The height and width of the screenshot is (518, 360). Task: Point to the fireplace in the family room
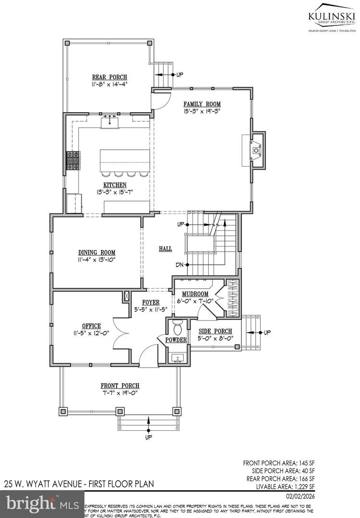(x=255, y=150)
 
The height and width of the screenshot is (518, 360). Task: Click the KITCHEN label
(x=114, y=185)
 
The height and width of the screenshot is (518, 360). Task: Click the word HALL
(x=166, y=248)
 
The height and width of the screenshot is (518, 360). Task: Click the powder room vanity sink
(x=177, y=357)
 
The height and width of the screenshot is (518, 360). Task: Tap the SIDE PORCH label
(x=216, y=331)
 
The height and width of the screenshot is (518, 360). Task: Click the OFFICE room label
(x=91, y=326)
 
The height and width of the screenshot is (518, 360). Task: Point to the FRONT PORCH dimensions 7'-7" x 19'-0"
(x=120, y=393)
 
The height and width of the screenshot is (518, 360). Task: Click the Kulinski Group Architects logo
(x=332, y=16)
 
